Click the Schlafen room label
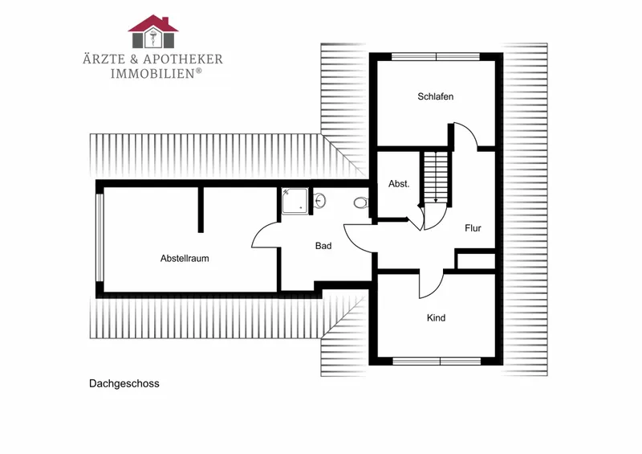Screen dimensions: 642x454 435,96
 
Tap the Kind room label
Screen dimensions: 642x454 436,318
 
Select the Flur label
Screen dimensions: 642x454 473,228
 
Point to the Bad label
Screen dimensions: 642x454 323,246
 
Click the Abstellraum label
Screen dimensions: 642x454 185,259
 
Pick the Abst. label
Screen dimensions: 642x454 399,184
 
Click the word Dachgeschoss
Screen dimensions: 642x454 124,384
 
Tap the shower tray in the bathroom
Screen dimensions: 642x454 295,201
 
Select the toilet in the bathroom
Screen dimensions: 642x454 361,202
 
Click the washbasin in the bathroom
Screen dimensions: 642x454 320,201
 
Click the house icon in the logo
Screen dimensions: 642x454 153,31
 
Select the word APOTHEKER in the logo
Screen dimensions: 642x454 183,59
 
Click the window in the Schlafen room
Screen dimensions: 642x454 436,57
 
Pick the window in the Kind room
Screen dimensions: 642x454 437,362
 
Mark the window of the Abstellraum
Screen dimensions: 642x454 100,238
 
